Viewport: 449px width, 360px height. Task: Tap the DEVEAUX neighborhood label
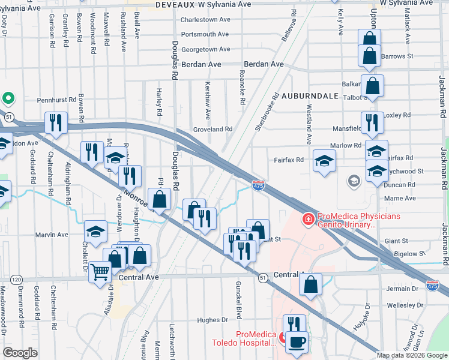(x=172, y=4)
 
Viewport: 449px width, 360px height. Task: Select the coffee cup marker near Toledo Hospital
(x=296, y=343)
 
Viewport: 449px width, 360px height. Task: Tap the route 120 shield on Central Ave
(x=17, y=279)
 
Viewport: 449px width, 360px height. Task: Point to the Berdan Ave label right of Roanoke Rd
(x=264, y=64)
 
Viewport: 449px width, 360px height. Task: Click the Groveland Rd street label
(x=212, y=129)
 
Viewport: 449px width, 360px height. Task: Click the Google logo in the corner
(x=20, y=353)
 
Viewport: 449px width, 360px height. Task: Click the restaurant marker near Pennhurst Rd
(x=56, y=123)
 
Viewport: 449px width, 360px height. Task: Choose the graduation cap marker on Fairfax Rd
(x=324, y=160)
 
